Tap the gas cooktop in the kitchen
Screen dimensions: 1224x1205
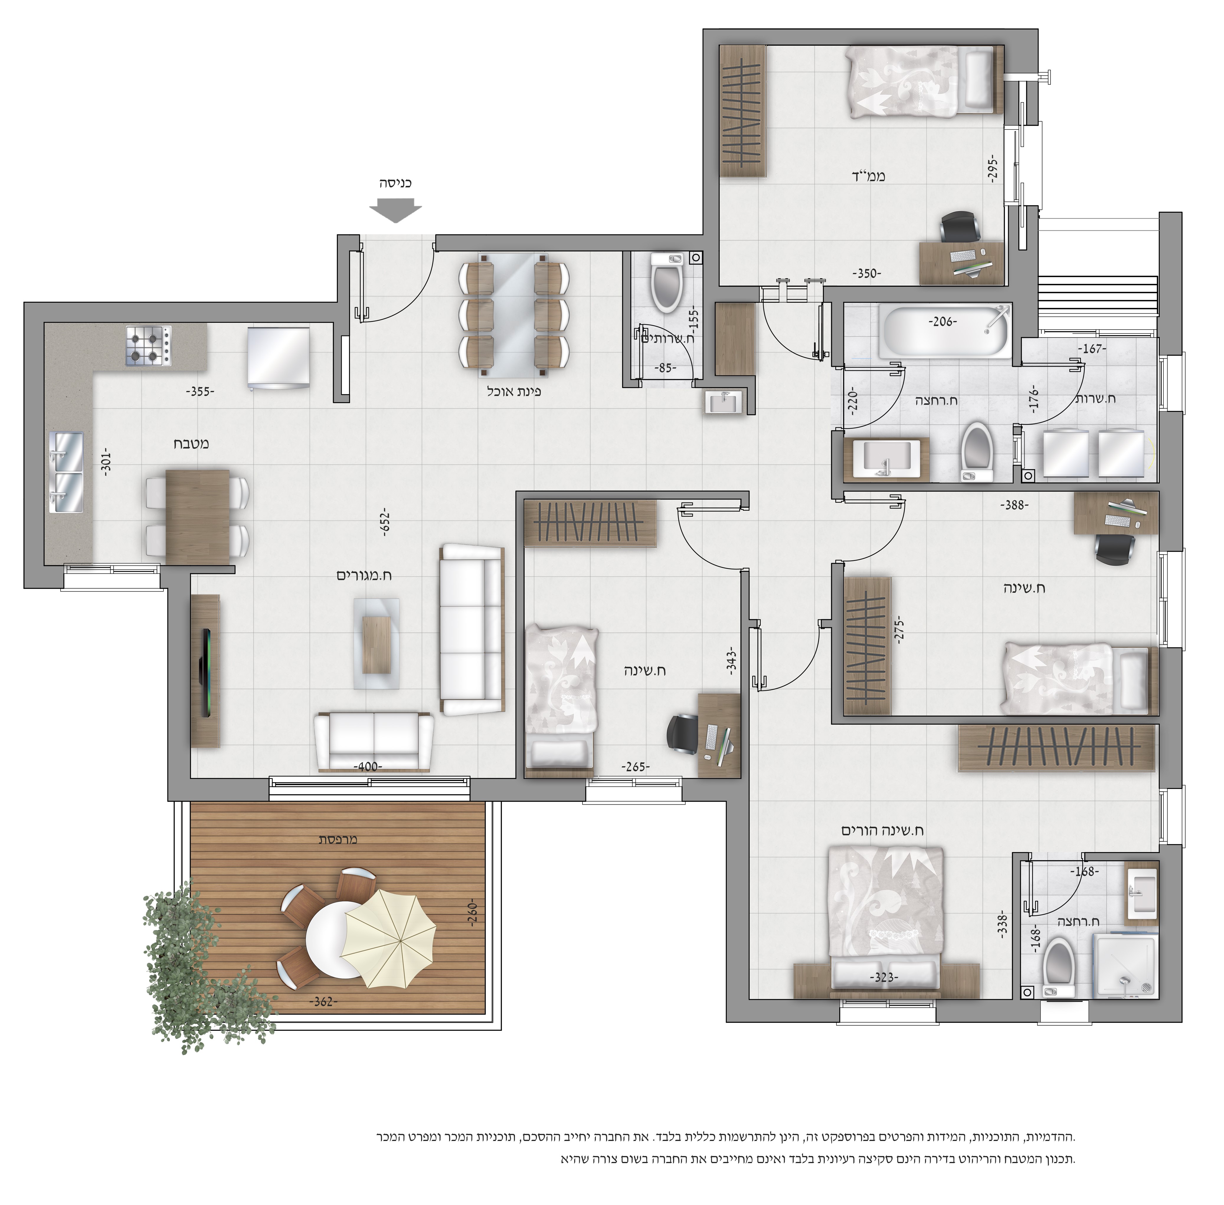(149, 346)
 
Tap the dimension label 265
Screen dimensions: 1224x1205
(635, 767)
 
